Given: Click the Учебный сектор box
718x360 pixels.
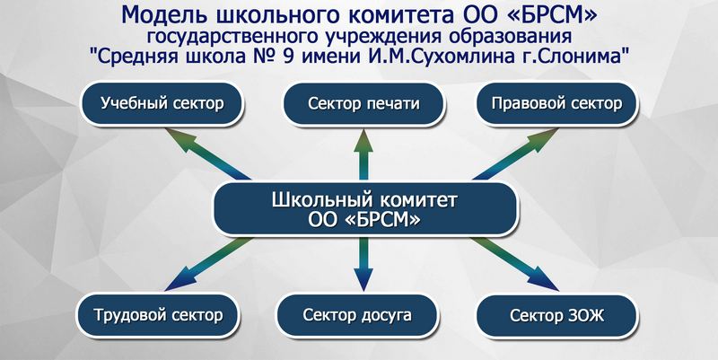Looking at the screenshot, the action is point(162,103).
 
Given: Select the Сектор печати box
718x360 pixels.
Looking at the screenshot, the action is point(363,103).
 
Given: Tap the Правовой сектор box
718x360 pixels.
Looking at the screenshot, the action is point(556,103).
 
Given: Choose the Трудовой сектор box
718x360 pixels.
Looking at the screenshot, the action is point(158,315).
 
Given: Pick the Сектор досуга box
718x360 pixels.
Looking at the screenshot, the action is point(357,315).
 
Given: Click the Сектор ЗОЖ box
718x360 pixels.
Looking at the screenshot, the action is point(556,316).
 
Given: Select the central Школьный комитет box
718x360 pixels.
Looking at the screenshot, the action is point(365,209).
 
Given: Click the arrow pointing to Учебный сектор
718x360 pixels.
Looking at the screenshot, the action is point(207,154).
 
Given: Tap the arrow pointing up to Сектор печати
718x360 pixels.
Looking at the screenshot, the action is point(363,154).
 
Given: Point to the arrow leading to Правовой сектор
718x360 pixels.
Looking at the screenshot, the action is point(515,154).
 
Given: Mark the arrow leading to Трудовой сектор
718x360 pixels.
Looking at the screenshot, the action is point(208,264).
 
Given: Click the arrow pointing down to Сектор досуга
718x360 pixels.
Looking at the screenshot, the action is point(363,264).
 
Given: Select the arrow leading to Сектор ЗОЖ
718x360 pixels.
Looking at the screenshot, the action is point(515,264).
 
